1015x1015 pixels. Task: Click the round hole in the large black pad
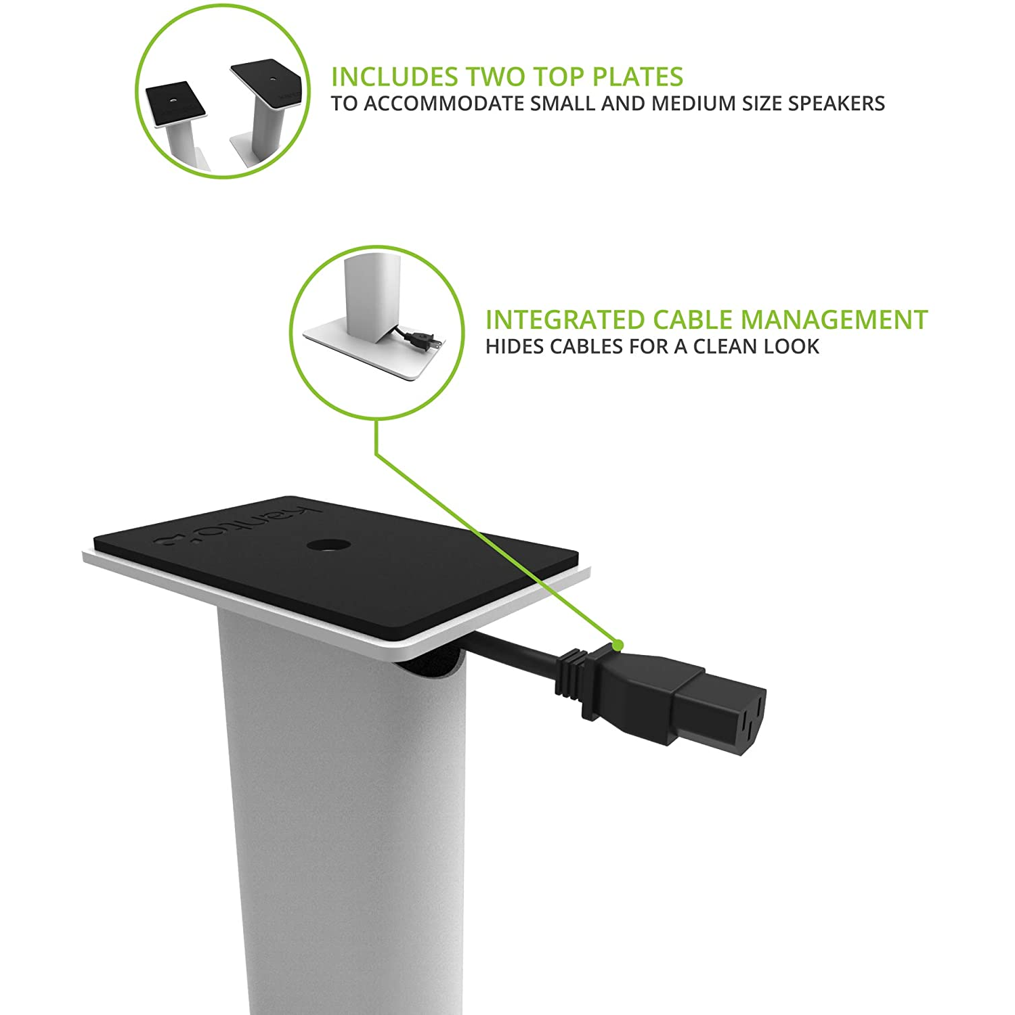326,545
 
